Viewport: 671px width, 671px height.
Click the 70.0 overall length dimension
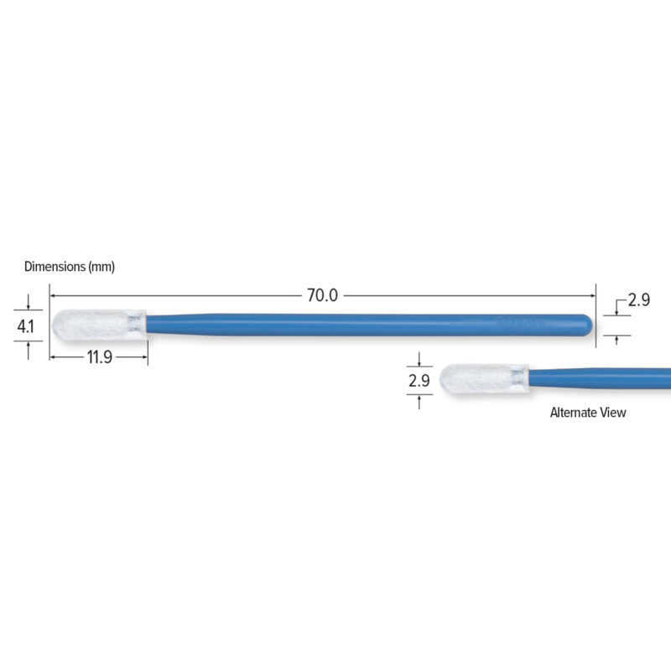[x=322, y=295]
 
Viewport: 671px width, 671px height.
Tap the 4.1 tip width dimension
[x=25, y=326]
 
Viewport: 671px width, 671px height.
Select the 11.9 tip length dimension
[x=99, y=357]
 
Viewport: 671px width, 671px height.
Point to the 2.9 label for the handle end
[x=638, y=299]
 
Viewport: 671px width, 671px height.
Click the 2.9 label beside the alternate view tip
[x=419, y=381]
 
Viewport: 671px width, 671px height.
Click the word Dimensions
[x=55, y=267]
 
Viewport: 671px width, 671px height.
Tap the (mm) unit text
[x=101, y=267]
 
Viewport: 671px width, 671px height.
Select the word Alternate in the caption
[x=573, y=413]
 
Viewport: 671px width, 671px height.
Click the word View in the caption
[x=613, y=413]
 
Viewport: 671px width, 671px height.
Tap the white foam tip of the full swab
[x=99, y=325]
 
